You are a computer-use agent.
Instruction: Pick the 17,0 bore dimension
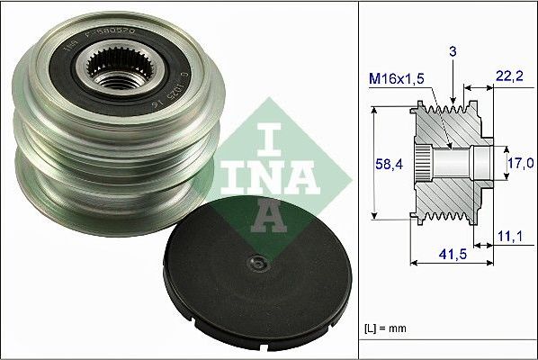pyautogui.click(x=516, y=163)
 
